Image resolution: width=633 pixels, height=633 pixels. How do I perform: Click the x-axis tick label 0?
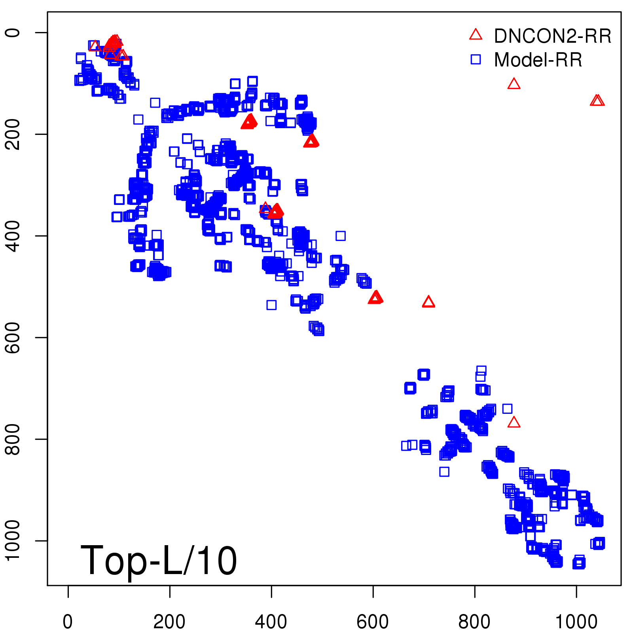pyautogui.click(x=68, y=622)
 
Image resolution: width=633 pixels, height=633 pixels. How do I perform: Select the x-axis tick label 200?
pyautogui.click(x=169, y=622)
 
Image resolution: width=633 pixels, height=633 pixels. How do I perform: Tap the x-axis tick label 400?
pyautogui.click(x=271, y=622)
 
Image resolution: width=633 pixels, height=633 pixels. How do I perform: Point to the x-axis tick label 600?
pyautogui.click(x=373, y=622)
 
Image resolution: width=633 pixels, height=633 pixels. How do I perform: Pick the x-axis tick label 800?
pyautogui.click(x=474, y=622)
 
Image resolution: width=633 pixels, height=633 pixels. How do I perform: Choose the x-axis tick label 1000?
pyautogui.click(x=576, y=622)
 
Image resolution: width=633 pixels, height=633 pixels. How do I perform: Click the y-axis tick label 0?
pyautogui.click(x=13, y=32)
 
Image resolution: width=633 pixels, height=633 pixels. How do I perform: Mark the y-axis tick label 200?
pyautogui.click(x=13, y=134)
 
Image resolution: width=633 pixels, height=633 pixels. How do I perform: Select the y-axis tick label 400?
pyautogui.click(x=13, y=236)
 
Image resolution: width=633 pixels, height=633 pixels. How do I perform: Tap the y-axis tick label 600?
pyautogui.click(x=13, y=337)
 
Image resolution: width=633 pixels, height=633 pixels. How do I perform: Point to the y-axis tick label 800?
pyautogui.click(x=13, y=439)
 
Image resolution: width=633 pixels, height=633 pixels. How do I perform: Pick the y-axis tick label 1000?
pyautogui.click(x=13, y=540)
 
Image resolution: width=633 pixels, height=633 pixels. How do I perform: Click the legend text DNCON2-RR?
pyautogui.click(x=553, y=36)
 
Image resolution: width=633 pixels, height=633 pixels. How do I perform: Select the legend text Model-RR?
pyautogui.click(x=538, y=60)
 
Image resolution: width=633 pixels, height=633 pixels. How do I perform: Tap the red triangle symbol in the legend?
pyautogui.click(x=476, y=35)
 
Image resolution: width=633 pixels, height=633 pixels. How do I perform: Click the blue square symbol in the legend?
pyautogui.click(x=476, y=59)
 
